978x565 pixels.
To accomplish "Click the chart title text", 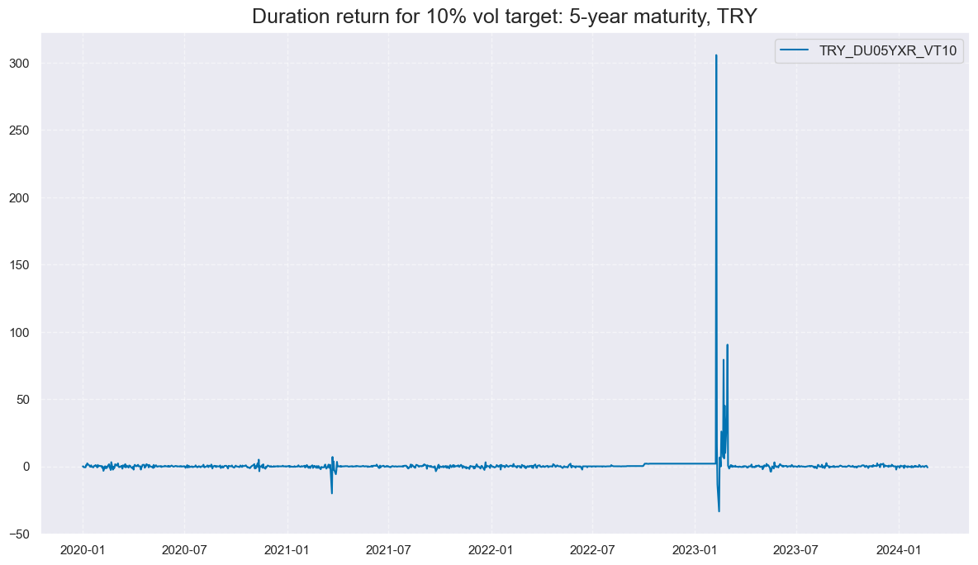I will pos(504,17).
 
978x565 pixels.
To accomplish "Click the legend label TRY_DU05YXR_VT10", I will pos(887,51).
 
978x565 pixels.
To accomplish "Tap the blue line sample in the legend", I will pos(795,51).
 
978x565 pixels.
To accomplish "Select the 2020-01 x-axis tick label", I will pos(83,549).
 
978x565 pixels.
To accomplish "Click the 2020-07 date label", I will pos(184,549).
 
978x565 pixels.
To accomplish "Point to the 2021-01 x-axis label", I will pos(287,549).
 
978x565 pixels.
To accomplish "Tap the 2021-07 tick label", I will pos(388,549).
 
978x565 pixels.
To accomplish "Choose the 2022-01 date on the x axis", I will pos(491,549).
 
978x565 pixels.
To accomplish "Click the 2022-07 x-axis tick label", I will pos(592,549).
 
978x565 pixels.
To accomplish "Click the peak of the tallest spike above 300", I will pos(716,55).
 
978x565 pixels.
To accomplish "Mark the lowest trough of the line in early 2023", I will pos(719,510).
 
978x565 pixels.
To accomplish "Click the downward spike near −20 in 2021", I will pos(332,493).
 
